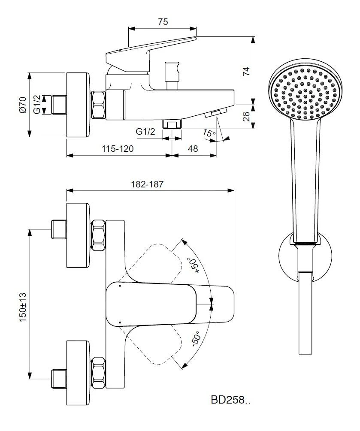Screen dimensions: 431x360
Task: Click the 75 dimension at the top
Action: [x=163, y=22]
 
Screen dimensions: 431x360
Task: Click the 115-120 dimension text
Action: [x=117, y=149]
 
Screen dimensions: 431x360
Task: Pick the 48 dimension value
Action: [x=194, y=149]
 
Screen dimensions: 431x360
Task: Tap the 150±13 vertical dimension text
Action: [x=23, y=307]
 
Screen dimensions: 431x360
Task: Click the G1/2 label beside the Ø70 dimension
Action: [x=38, y=105]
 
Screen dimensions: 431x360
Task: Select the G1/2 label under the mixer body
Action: [x=145, y=132]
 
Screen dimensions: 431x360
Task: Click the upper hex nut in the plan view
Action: [x=99, y=234]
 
